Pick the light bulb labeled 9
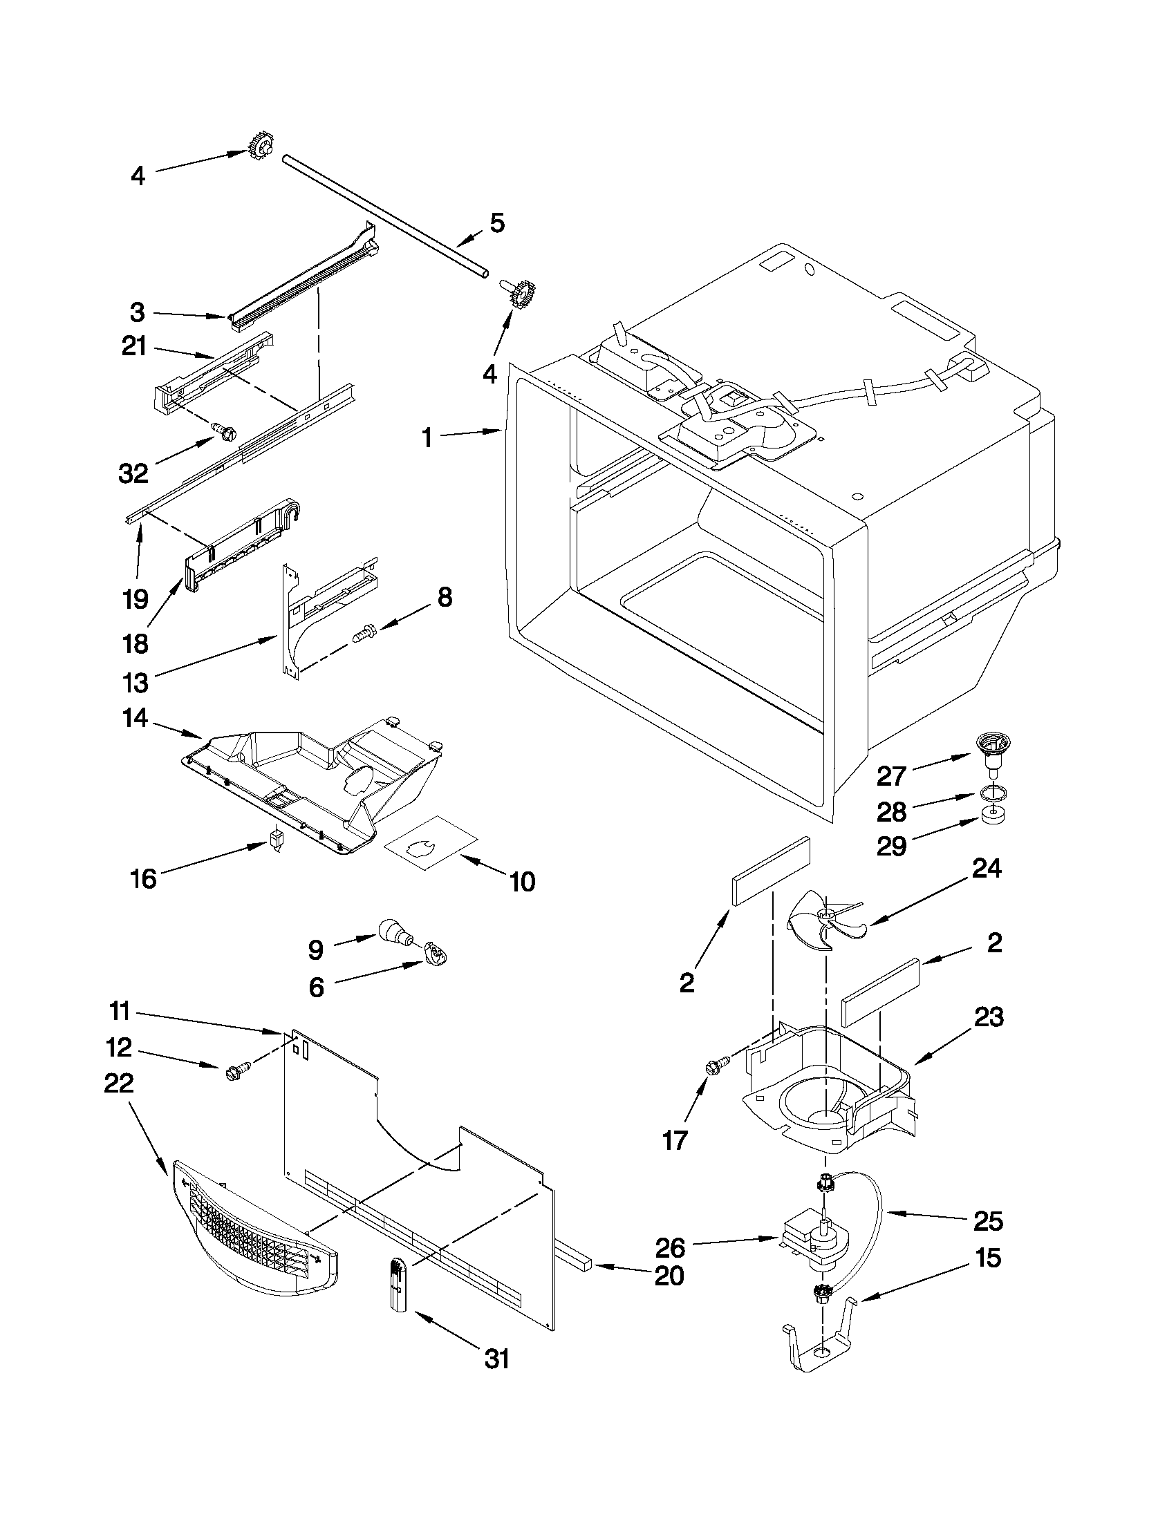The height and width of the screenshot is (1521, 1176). [x=393, y=932]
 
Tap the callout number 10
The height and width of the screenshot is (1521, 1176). [x=522, y=882]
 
